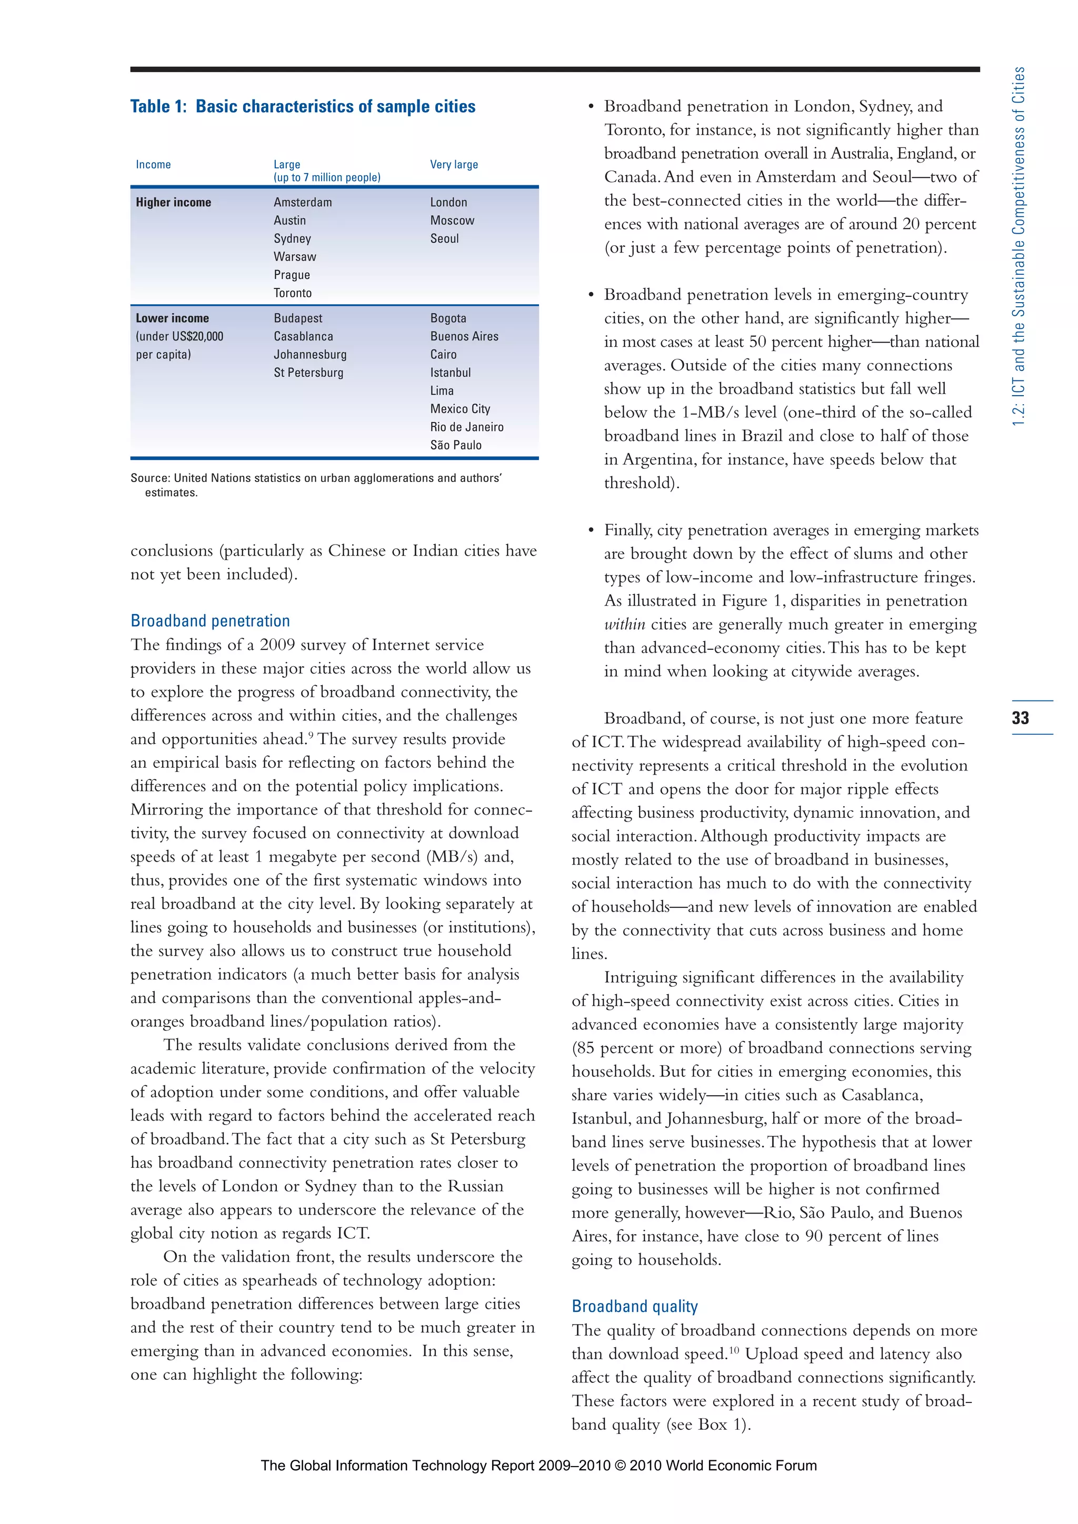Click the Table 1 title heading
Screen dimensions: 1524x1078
coord(303,106)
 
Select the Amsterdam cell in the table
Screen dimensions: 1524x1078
coord(303,203)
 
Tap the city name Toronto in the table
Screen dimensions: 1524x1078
coord(293,293)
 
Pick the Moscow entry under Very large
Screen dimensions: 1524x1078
coord(452,220)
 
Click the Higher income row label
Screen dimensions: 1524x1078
coord(173,203)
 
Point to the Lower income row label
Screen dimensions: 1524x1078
coord(172,318)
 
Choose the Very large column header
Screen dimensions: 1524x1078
coord(454,165)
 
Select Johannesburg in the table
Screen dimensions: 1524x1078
coord(310,355)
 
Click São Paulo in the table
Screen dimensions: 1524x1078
coord(455,445)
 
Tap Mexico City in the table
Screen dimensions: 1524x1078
coord(460,409)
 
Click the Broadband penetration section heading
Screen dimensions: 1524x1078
coord(211,620)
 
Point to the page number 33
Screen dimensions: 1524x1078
coord(1020,717)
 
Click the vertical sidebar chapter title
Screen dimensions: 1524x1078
coord(1019,246)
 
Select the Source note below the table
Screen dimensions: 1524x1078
coord(316,485)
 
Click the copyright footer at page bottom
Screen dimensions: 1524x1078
coord(538,1466)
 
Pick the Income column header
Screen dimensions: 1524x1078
coord(153,165)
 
